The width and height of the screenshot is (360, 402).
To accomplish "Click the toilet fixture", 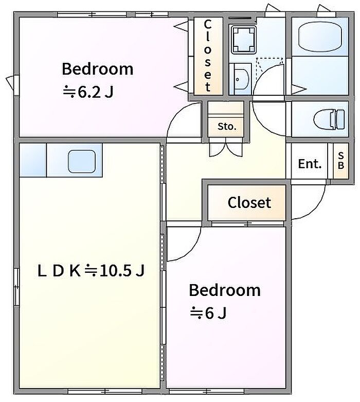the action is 329,119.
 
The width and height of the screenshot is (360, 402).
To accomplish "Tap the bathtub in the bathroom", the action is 320,37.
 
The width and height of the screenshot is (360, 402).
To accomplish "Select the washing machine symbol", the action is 243,40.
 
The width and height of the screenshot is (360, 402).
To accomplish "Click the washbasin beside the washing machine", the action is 240,79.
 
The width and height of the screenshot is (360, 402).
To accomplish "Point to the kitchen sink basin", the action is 82,161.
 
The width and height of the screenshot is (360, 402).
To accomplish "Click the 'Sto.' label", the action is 227,127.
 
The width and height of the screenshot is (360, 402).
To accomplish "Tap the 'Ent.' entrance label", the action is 310,164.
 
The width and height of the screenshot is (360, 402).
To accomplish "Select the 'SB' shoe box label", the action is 341,161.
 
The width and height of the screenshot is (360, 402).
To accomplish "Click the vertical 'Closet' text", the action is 208,56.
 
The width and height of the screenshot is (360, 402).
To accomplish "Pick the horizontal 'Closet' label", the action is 249,202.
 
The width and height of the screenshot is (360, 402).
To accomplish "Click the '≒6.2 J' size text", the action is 88,92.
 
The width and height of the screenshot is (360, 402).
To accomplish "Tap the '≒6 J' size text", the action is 208,313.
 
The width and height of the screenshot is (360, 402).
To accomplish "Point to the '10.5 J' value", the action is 122,270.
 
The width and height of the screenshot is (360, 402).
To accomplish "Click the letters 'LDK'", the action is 59,271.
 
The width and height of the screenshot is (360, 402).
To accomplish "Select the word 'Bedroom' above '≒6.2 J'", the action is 98,69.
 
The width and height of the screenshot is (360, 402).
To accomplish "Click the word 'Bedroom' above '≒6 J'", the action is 225,290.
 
